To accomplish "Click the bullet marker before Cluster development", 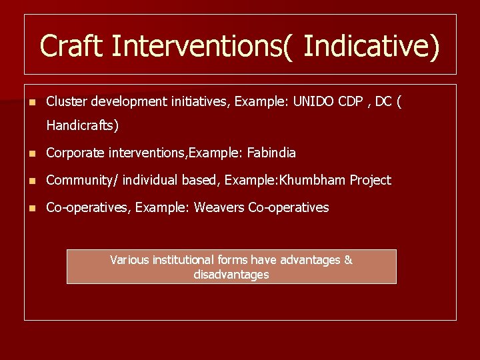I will pos(30,102).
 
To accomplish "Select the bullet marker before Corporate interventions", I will pos(30,153).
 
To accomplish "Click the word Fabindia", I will pos(271,153).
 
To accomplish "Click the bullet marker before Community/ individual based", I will pos(30,181).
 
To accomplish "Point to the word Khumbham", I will pos(316,180).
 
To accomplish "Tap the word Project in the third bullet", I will pos(371,180).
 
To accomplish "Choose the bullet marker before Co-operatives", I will pos(30,208).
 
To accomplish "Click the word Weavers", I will pos(219,207).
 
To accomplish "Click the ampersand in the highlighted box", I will pos(348,260).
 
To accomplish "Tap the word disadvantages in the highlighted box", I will pos(231,275).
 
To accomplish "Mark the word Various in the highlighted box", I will pos(130,260).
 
